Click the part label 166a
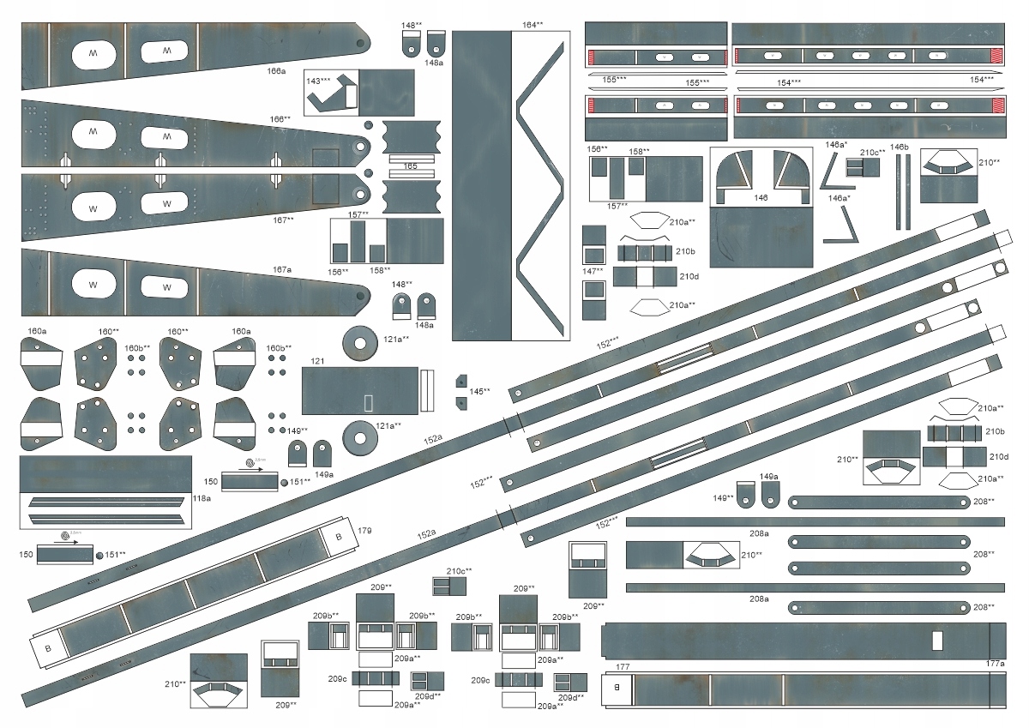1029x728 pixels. click(x=276, y=71)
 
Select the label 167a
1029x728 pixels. click(x=283, y=269)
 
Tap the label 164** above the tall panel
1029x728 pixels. click(x=532, y=26)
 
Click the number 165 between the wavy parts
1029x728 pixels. click(x=411, y=165)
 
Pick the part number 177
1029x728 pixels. click(x=623, y=666)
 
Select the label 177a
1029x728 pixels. click(x=995, y=663)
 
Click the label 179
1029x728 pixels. click(x=364, y=532)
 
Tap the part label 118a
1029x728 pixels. click(x=202, y=496)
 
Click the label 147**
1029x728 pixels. click(x=593, y=271)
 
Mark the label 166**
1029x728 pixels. click(x=280, y=119)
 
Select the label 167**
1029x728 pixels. click(x=284, y=220)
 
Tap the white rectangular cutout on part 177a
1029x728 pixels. click(x=937, y=641)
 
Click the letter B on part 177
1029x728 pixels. click(x=616, y=687)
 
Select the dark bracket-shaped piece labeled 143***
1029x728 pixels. click(x=331, y=95)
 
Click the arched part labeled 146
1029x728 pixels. click(x=761, y=176)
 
